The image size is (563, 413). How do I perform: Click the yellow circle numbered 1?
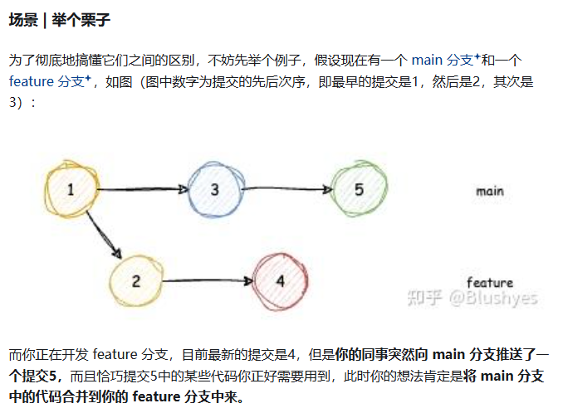[x=71, y=190]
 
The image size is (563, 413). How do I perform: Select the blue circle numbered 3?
[x=215, y=190]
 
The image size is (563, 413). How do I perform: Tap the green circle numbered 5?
[x=359, y=190]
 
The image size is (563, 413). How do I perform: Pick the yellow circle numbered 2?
[x=137, y=280]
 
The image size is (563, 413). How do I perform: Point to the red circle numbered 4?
[x=281, y=280]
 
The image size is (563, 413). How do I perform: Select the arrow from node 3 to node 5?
[x=286, y=190]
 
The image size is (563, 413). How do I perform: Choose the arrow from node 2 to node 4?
[x=208, y=281]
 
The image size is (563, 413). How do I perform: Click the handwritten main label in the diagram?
[x=489, y=192]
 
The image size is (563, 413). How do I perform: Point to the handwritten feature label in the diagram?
[x=489, y=282]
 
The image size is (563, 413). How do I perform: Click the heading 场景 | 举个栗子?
[x=59, y=19]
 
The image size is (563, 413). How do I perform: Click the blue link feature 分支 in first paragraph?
[x=49, y=81]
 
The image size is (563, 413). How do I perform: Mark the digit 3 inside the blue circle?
[x=215, y=190]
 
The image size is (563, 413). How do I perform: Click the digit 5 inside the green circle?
[x=359, y=190]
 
